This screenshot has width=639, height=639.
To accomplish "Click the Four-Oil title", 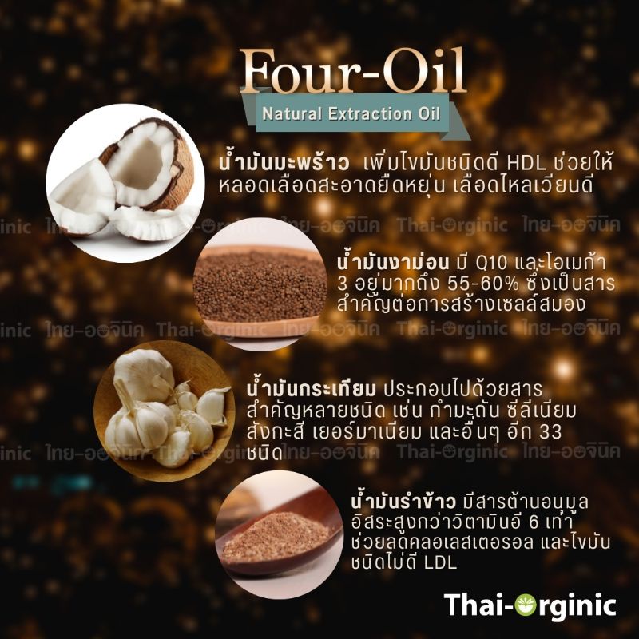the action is click(353, 71).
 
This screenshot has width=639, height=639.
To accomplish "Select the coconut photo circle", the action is click(125, 183).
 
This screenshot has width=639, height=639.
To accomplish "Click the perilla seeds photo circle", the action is click(260, 284).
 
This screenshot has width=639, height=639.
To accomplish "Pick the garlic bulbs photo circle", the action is click(165, 411).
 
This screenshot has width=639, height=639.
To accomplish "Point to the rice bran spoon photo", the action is click(279, 534).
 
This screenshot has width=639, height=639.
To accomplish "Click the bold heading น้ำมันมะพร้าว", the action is click(284, 161).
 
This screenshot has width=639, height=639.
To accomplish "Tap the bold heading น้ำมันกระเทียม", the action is click(311, 388).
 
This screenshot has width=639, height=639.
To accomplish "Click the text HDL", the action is click(526, 163).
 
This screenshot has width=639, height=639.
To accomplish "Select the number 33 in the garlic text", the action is click(550, 432).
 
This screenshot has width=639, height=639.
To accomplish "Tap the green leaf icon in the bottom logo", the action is click(525, 605).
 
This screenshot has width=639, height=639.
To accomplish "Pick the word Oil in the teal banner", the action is click(429, 113).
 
